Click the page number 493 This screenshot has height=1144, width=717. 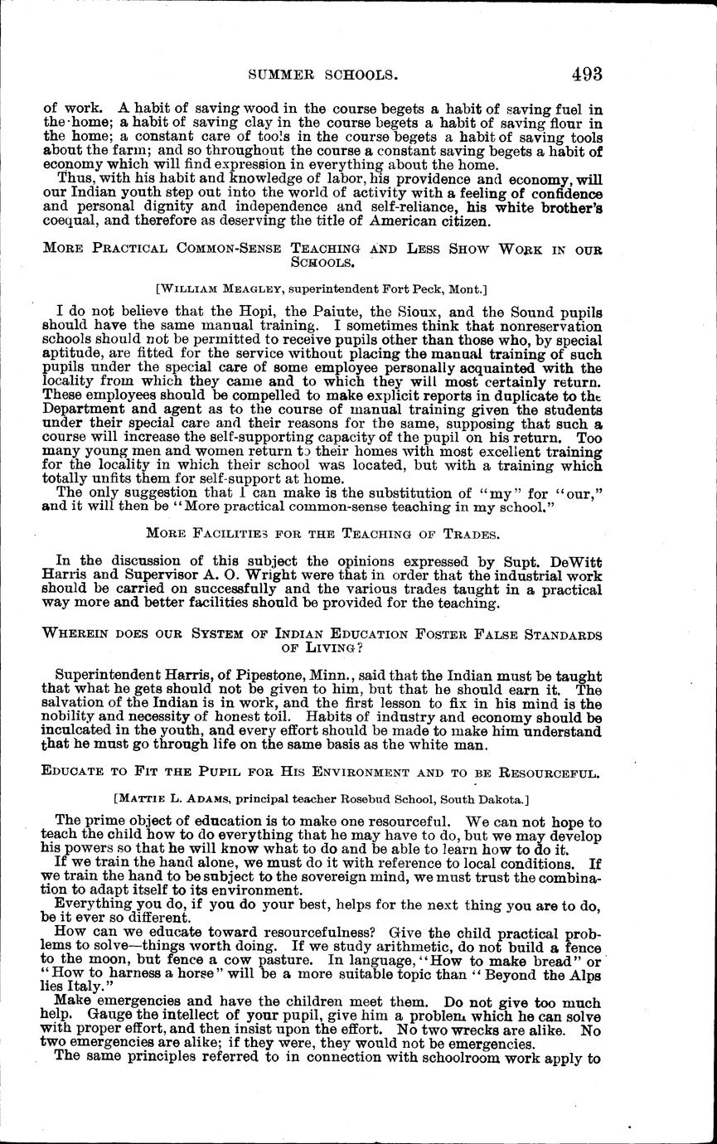point(586,74)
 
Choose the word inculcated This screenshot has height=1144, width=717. point(77,732)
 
